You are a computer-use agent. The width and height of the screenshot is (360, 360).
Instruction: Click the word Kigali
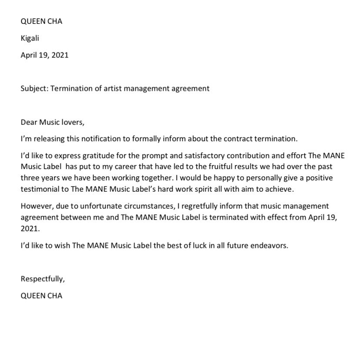click(30, 38)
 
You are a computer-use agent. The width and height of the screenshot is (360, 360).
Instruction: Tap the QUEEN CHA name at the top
click(41, 21)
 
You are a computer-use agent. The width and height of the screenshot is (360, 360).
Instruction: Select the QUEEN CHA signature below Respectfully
click(41, 296)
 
